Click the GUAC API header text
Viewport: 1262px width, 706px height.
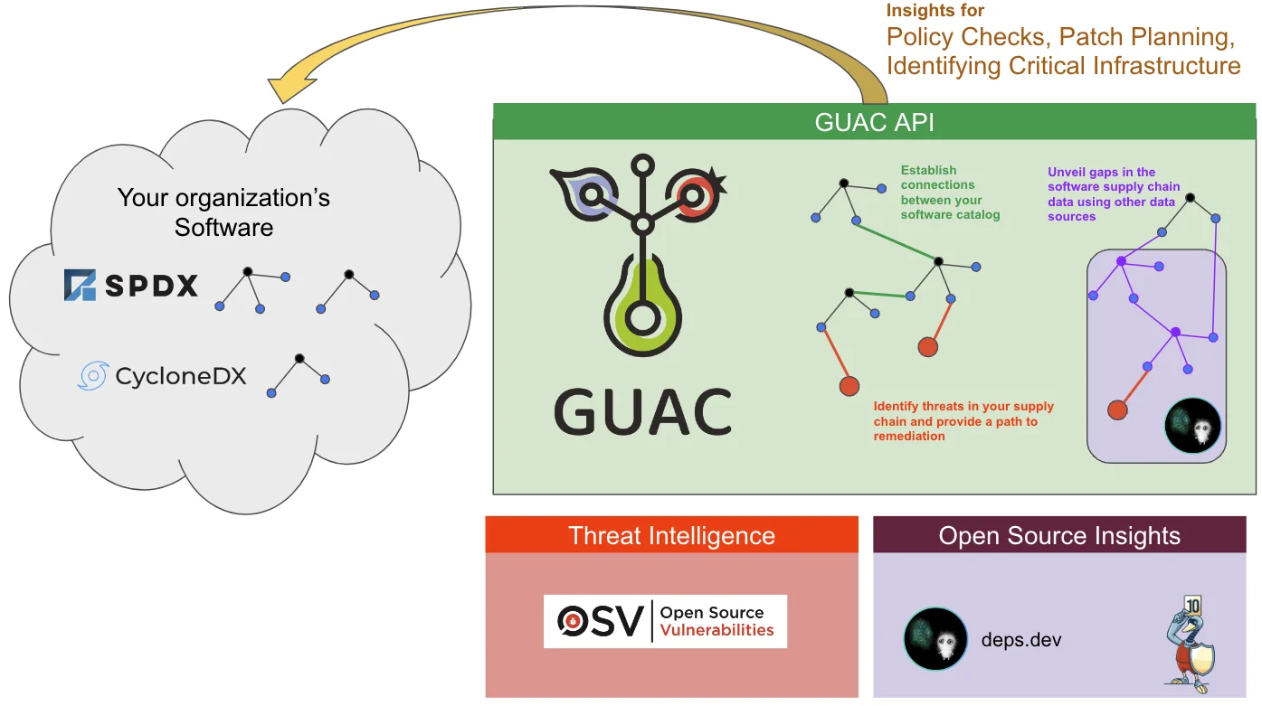[874, 122]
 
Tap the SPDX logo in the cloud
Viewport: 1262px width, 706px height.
[131, 286]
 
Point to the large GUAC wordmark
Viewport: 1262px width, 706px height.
[642, 411]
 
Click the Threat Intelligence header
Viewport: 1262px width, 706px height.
[671, 535]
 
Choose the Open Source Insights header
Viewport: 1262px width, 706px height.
[1058, 535]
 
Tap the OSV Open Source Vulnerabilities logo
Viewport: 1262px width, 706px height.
[665, 621]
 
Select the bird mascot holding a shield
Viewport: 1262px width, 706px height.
[1186, 642]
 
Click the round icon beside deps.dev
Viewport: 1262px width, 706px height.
[935, 638]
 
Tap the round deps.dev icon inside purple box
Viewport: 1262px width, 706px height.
[1192, 425]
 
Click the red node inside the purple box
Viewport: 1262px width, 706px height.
[1117, 409]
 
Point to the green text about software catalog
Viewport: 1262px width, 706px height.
[950, 193]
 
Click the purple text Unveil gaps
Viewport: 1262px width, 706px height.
[1113, 193]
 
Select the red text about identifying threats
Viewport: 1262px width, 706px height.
[963, 421]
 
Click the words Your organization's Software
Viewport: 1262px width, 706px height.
[223, 212]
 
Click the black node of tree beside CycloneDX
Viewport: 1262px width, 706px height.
[299, 358]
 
